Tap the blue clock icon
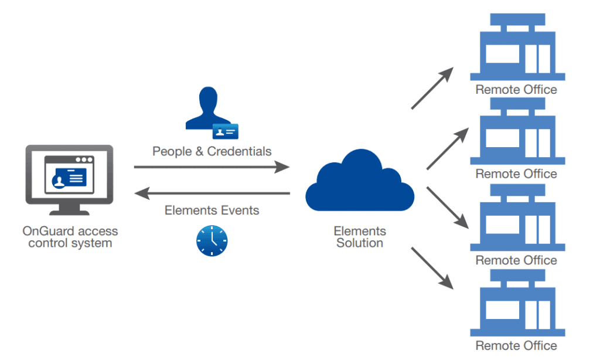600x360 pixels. point(212,240)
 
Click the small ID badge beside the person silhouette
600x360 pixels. point(225,131)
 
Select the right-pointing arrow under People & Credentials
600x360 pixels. point(212,167)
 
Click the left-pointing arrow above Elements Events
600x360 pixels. point(212,193)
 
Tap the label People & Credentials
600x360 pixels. point(212,151)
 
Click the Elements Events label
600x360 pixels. point(212,210)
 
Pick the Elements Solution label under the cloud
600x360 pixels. point(359,236)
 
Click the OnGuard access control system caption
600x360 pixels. point(70,237)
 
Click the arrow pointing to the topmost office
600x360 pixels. point(432,88)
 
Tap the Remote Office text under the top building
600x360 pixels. point(516,90)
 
